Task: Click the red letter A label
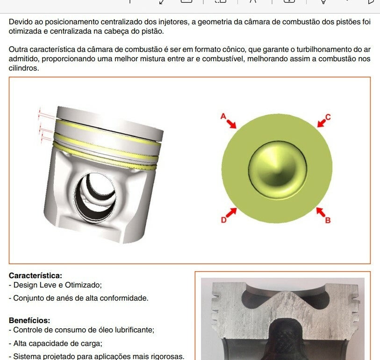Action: pos(223,116)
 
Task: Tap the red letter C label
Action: pos(328,117)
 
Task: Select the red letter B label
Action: pos(328,220)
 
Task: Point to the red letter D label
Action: pos(223,220)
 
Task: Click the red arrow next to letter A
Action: pos(231,123)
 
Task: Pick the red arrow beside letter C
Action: pos(322,123)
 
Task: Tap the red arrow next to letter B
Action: pos(321,212)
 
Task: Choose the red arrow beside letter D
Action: pos(231,213)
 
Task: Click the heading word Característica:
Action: pos(36,276)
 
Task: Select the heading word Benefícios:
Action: pos(29,320)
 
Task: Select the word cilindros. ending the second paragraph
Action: pos(24,68)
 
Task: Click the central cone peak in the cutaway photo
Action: pos(287,293)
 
